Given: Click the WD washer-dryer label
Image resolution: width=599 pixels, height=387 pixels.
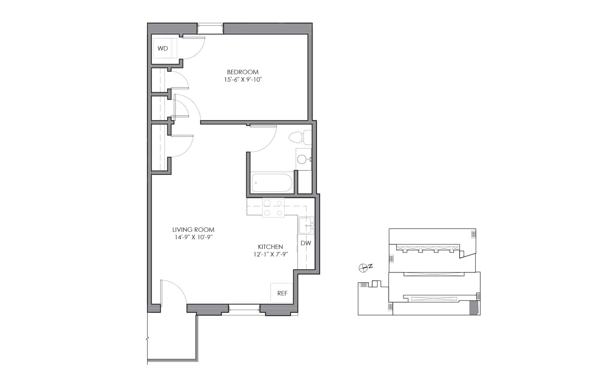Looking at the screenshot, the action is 163,48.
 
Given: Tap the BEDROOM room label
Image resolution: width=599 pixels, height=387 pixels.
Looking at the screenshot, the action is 243,72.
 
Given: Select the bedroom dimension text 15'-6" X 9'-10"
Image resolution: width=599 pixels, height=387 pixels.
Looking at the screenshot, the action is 243,79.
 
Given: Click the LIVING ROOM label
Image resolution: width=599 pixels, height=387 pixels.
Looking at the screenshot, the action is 193,230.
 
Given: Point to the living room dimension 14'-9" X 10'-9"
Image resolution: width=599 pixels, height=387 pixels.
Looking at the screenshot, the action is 194,237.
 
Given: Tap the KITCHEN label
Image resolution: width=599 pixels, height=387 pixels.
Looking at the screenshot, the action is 270,247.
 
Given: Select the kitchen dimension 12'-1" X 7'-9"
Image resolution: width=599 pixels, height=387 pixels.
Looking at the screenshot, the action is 270,254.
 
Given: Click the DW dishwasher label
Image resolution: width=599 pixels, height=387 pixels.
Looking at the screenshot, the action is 306,243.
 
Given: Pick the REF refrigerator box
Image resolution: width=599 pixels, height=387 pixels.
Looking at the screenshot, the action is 282,293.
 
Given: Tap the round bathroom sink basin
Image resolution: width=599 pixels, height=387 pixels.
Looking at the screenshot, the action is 302,160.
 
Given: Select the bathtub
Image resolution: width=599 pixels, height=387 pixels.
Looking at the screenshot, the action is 272,183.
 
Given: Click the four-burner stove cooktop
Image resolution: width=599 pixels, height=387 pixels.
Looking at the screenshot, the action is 273,208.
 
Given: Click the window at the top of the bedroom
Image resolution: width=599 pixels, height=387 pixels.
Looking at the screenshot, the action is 211,28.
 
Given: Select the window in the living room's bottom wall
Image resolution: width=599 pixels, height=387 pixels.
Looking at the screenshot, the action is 245,308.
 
